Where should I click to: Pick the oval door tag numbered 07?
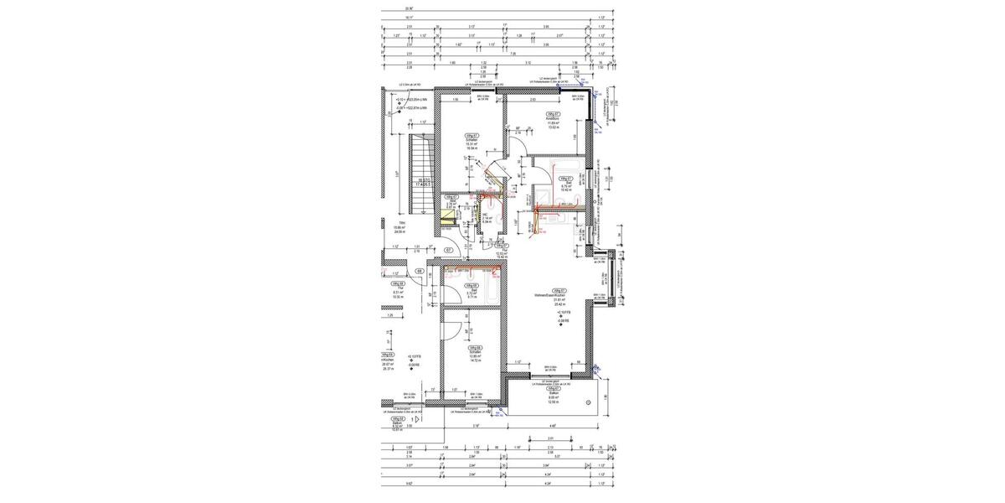point(448,250)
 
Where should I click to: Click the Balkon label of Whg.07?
point(552,394)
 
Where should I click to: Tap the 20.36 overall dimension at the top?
point(384,8)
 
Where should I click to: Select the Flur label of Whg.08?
point(471,289)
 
